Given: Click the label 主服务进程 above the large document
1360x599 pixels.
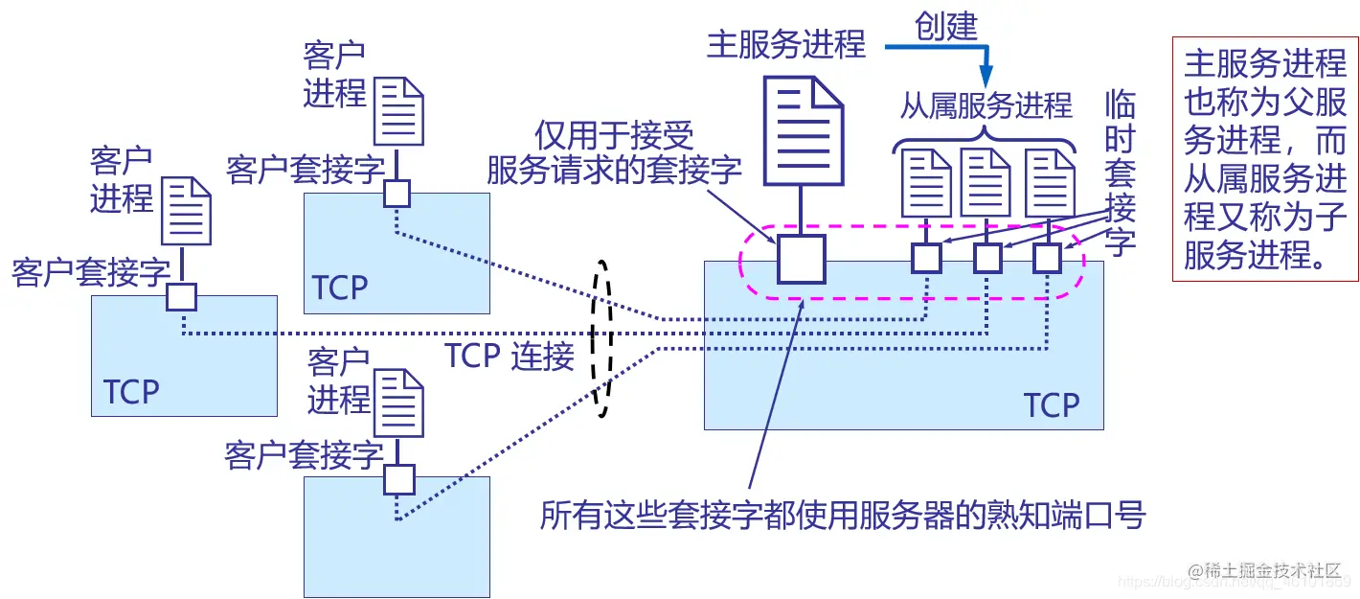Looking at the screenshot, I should [x=785, y=44].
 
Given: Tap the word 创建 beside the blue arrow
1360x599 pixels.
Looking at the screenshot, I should [x=945, y=26].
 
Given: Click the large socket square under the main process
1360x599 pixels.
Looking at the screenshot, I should [x=801, y=259].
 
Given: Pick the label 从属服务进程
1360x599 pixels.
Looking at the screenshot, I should [x=986, y=105].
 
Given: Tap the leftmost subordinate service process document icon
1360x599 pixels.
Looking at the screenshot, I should [x=925, y=183].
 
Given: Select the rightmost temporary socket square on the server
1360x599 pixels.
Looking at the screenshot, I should [x=1048, y=258].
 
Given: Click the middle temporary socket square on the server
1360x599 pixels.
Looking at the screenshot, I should [x=987, y=258].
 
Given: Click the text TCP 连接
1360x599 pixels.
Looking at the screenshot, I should [x=510, y=356].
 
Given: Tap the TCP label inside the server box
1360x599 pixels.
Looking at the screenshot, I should [x=1052, y=405].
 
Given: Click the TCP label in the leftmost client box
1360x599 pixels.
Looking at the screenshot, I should [x=131, y=392].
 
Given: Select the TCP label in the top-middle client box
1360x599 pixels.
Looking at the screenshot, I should [x=340, y=288].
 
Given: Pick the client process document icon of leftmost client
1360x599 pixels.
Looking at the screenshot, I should [x=186, y=212].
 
